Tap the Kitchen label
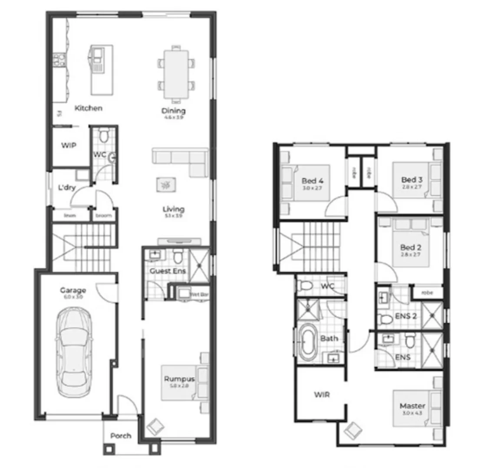88,108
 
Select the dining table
176,74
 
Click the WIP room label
68,146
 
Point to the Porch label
121,435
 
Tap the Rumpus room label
179,379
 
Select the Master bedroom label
412,406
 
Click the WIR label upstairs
322,395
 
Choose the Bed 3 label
411,179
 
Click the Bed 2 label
411,247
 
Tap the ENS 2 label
406,316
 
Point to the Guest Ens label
168,271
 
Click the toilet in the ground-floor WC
103,136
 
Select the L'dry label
67,188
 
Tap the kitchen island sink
97,54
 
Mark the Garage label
73,290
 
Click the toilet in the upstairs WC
306,286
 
